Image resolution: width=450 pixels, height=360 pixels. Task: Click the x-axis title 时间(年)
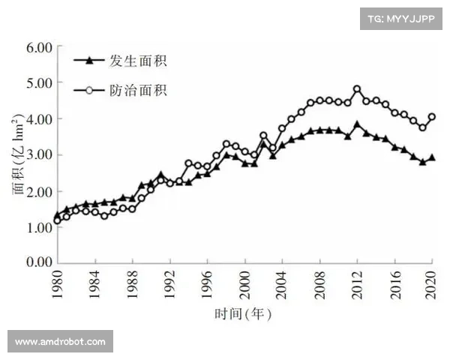[244, 313]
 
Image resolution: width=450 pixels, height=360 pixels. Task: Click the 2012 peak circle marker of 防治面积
[357, 89]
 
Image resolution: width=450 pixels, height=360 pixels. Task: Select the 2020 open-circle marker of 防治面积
[432, 117]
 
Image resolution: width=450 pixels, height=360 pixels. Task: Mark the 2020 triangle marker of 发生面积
[432, 157]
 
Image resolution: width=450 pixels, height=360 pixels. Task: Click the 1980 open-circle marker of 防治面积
[58, 220]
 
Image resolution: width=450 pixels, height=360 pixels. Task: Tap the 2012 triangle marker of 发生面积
[357, 124]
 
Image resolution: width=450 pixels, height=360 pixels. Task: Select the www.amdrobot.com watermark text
[60, 342]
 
